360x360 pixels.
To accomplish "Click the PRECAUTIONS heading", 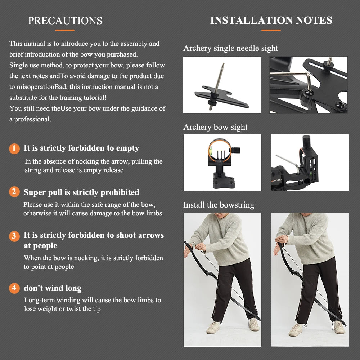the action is [65, 21].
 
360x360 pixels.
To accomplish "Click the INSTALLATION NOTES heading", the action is [271, 20].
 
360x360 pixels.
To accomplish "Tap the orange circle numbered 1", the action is [14, 148].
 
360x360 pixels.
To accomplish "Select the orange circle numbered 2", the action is [14, 192].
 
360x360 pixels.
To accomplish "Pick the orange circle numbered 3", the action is [14, 236].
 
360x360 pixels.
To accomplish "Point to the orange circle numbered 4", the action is [14, 288].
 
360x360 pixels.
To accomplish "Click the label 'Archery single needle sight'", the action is [230, 48].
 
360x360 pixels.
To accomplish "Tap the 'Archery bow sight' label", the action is [215, 127].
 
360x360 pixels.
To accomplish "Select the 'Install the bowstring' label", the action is [219, 205].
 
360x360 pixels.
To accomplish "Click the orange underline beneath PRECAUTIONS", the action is [65, 30].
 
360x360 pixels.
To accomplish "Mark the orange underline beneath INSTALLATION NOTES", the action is [271, 30].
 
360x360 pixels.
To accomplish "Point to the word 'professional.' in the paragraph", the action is [33, 119].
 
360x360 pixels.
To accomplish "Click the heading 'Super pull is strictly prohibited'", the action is [81, 192].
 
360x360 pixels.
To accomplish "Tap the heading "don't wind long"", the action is [53, 288].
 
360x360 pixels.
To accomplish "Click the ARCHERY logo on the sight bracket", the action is [276, 180].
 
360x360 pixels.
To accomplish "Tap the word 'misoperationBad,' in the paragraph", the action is [41, 87].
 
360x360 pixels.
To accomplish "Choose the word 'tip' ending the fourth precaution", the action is [96, 309].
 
